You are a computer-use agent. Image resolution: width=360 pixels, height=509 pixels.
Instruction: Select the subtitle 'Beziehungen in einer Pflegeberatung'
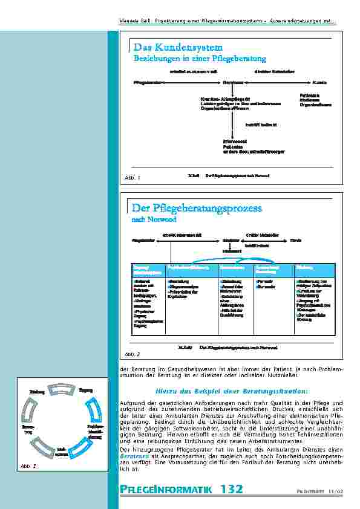(x=199, y=59)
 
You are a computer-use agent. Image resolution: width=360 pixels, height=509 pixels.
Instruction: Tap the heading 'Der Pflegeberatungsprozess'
(x=197, y=208)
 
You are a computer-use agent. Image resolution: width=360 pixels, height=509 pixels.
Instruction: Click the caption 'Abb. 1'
(x=132, y=178)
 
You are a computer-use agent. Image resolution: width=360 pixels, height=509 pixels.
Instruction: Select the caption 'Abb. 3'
(x=30, y=466)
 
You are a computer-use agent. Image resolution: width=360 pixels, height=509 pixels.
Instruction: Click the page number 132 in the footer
(x=232, y=489)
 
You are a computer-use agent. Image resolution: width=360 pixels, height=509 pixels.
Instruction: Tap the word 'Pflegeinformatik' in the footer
(x=168, y=489)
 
